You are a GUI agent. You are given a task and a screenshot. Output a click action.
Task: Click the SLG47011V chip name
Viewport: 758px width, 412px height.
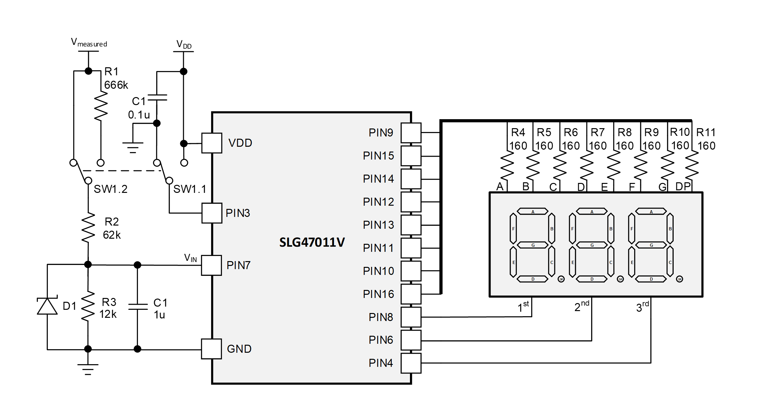[x=312, y=242]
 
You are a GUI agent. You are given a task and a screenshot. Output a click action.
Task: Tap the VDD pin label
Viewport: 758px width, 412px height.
[x=240, y=143]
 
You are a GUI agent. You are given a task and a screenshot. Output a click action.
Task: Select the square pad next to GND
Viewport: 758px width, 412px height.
[x=212, y=349]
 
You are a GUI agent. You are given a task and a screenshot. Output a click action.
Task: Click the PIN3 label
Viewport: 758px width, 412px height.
[x=238, y=213]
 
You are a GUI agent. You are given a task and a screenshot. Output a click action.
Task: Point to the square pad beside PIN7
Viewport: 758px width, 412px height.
[x=212, y=265]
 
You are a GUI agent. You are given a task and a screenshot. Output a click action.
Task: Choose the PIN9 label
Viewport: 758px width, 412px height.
[x=381, y=133]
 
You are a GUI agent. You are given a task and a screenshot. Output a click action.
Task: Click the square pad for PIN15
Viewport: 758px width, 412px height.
[x=411, y=156]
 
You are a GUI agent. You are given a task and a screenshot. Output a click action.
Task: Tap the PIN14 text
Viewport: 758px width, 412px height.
[x=378, y=179]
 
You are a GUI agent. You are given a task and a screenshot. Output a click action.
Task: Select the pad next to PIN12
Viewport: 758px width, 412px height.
[x=411, y=202]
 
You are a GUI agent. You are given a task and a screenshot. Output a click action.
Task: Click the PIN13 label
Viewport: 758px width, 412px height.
[x=378, y=225]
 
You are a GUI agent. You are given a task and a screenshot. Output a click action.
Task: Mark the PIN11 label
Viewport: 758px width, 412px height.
[x=378, y=248]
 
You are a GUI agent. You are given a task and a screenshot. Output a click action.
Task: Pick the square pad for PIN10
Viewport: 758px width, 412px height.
[x=411, y=271]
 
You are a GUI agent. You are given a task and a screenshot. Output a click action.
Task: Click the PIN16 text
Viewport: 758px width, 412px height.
[x=378, y=294]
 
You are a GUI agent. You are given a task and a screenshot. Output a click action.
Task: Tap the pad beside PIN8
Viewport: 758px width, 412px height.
[x=411, y=317]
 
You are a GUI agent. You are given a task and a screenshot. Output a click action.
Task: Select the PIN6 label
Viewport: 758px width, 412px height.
[x=381, y=340]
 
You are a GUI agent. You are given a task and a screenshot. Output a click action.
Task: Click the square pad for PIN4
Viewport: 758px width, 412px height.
[x=411, y=363]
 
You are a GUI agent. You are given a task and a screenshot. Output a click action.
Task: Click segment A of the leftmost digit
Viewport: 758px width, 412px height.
[x=533, y=211]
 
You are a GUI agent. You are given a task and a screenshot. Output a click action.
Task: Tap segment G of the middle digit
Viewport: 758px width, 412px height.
[x=592, y=245]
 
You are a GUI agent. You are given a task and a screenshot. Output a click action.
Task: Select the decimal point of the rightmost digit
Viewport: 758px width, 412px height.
[x=679, y=279]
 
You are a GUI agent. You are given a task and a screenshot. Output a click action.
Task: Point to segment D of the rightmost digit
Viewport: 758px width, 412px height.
[x=651, y=279]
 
